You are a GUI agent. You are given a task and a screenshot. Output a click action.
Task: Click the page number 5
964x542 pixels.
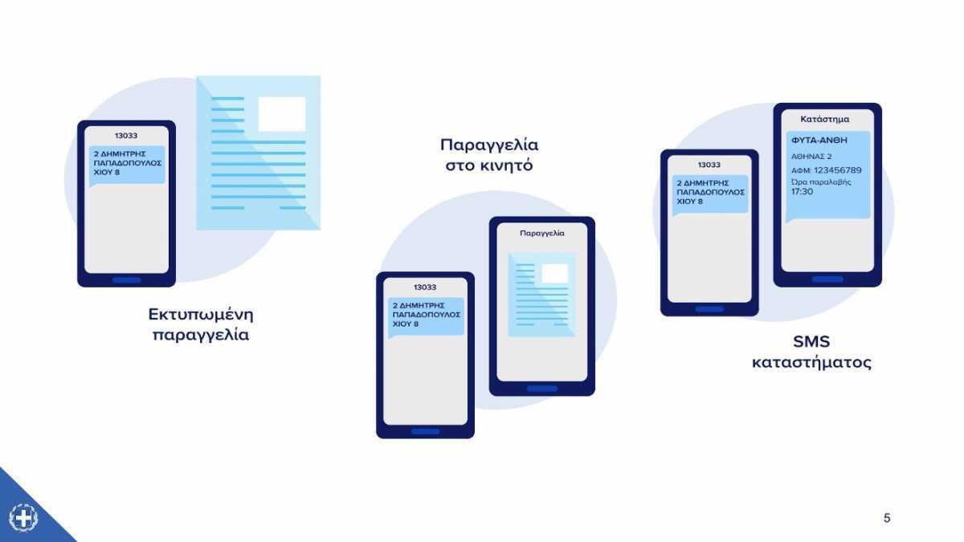pyautogui.click(x=887, y=518)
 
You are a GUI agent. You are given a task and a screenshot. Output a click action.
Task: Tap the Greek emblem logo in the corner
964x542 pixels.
pyautogui.click(x=23, y=517)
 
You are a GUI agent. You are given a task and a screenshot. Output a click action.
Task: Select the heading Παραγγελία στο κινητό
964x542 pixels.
pyautogui.click(x=489, y=155)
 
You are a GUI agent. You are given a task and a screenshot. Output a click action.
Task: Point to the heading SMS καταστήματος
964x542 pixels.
pyautogui.click(x=811, y=352)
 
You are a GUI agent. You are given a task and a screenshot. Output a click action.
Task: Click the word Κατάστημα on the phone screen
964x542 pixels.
pyautogui.click(x=824, y=119)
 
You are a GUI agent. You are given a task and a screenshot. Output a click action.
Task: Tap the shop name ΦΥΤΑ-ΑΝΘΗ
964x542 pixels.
pyautogui.click(x=819, y=140)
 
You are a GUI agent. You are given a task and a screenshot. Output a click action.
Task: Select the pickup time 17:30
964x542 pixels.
pyautogui.click(x=802, y=192)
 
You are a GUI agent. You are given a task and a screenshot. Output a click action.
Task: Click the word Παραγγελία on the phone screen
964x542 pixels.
pyautogui.click(x=542, y=233)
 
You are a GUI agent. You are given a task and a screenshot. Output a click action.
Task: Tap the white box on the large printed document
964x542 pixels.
pyautogui.click(x=281, y=113)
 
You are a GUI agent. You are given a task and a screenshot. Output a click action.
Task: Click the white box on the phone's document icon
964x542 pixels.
pyautogui.click(x=554, y=273)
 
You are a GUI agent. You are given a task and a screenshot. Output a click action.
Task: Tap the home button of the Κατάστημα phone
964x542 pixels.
pyautogui.click(x=827, y=279)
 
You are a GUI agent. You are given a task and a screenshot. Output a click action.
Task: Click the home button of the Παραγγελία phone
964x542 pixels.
pyautogui.click(x=542, y=389)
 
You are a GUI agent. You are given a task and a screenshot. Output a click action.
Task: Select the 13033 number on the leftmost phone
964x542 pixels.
pyautogui.click(x=126, y=136)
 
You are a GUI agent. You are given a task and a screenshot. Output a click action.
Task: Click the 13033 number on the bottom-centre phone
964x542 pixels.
pyautogui.click(x=425, y=287)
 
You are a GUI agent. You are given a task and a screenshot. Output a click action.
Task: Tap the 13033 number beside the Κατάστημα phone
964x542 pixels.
pyautogui.click(x=709, y=165)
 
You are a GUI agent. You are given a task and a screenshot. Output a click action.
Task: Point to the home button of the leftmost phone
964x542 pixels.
pyautogui.click(x=126, y=280)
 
